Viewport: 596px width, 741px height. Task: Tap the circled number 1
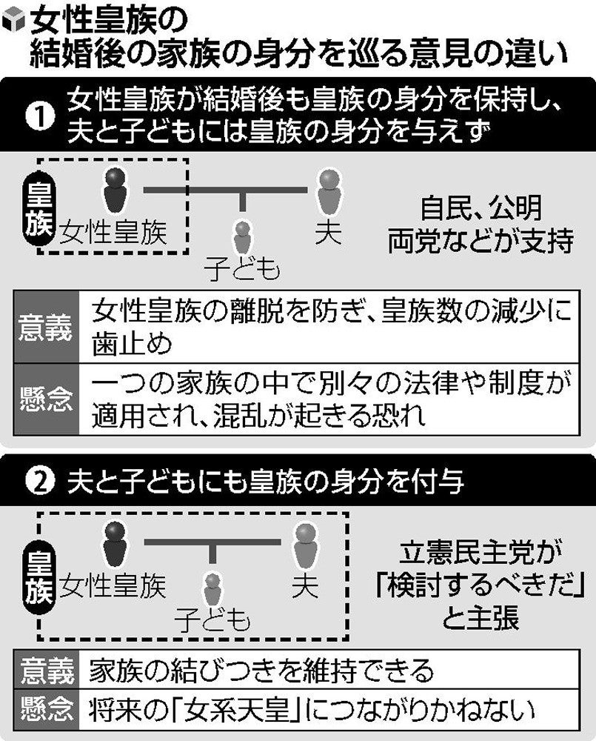(40, 116)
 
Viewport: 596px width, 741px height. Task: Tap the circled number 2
(40, 482)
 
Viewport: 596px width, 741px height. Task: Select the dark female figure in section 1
(115, 190)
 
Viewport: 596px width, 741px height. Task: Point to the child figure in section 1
(242, 239)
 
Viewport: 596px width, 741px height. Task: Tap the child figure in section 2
(212, 591)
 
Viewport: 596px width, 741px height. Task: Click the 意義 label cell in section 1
(46, 327)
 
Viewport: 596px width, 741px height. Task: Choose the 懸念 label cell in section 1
(46, 399)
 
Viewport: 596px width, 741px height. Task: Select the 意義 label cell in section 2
(47, 670)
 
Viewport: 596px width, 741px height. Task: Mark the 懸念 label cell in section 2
(47, 709)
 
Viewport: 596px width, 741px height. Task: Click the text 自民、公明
(481, 208)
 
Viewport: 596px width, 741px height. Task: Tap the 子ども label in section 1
(242, 270)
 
